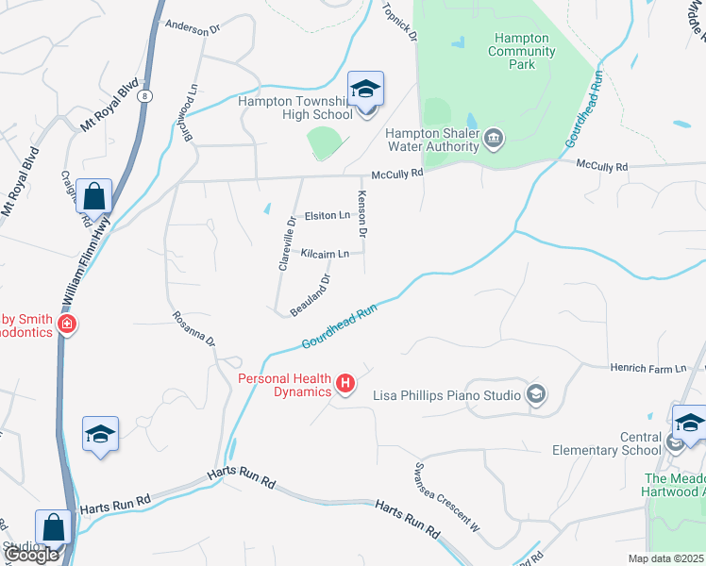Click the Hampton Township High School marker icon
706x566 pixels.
[365, 90]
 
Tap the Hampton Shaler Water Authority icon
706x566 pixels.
[493, 141]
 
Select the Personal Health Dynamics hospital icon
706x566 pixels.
[346, 384]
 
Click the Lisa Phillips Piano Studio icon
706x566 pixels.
[536, 394]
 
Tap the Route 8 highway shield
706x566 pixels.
[144, 96]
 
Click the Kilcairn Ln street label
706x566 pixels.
[325, 254]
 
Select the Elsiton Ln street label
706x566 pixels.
[327, 216]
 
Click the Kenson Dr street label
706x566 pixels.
[361, 213]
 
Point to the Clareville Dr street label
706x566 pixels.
[287, 243]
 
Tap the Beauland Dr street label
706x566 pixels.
[311, 295]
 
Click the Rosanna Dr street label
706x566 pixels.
[194, 329]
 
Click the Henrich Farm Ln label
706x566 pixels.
[647, 368]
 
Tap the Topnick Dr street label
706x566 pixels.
[399, 21]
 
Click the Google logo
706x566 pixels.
[31, 556]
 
